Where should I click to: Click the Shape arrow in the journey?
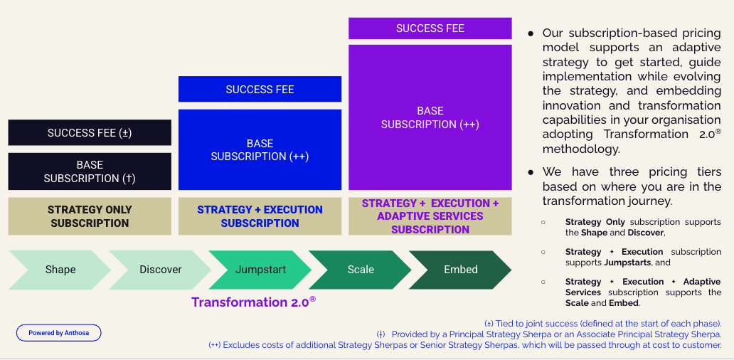tap(60, 270)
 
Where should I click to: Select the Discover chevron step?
tap(160, 270)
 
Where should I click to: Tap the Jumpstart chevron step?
tap(260, 270)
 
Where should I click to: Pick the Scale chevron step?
tap(361, 270)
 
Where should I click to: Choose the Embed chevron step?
tap(460, 270)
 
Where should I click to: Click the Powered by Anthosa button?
tap(59, 333)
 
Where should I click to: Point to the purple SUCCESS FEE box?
tap(430, 28)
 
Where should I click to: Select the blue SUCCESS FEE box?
tap(260, 90)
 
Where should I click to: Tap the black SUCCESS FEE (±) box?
tap(90, 133)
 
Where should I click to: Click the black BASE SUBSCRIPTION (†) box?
tap(90, 171)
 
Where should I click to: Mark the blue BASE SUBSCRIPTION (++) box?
tap(260, 149)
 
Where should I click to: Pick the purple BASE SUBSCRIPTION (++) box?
tap(430, 117)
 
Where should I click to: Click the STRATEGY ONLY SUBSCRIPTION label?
tap(90, 216)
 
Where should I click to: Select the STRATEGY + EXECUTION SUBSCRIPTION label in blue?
tap(260, 216)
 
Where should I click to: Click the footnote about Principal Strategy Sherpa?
tap(549, 334)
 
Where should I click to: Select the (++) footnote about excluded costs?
tap(465, 345)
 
